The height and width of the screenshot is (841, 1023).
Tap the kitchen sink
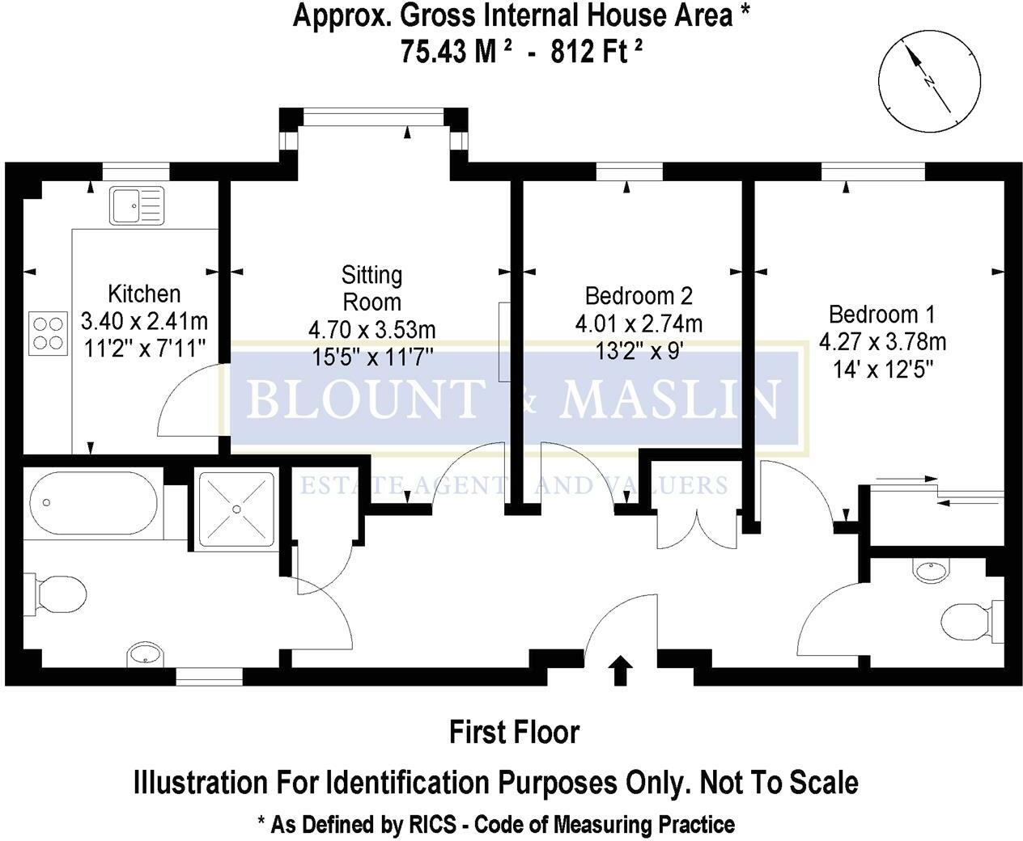pos(137,205)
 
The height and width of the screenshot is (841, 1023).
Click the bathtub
pos(92,503)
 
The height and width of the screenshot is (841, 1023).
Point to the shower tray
pos(236,508)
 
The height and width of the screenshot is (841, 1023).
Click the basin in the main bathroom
pos(146,653)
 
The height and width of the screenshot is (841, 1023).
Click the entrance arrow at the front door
pos(620,670)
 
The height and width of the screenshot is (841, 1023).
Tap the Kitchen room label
pos(144,294)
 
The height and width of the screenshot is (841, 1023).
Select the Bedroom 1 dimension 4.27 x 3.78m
pos(882,341)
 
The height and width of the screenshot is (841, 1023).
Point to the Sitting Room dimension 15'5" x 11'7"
pos(371,356)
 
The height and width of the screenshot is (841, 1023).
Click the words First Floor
pos(514,733)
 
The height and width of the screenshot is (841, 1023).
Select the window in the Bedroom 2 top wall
pos(629,171)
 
